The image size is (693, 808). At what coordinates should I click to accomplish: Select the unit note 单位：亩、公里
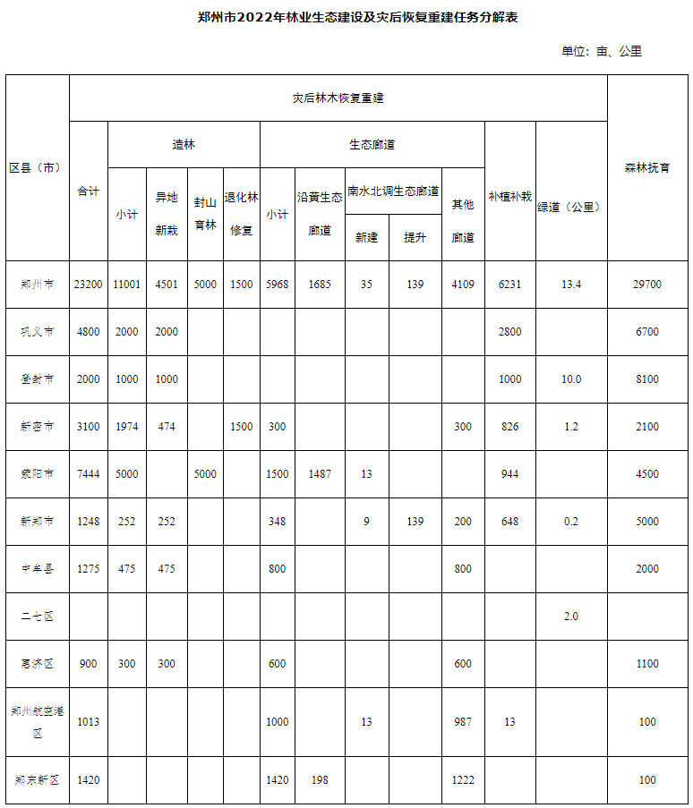click(602, 51)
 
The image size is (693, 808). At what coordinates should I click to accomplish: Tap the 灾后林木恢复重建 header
click(338, 98)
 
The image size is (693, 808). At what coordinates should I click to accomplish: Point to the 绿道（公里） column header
click(569, 207)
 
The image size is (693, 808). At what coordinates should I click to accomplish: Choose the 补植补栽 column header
click(509, 196)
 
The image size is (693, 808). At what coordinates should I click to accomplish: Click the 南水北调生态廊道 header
click(393, 191)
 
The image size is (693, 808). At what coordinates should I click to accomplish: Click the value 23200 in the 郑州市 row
click(88, 285)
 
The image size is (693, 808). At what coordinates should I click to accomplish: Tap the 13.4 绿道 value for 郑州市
click(571, 285)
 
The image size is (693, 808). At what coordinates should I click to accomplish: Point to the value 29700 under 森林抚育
click(647, 285)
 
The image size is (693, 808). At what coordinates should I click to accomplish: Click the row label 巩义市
click(37, 332)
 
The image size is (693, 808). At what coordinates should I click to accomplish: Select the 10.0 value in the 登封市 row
click(571, 379)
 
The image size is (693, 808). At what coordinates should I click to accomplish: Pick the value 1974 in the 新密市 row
click(126, 427)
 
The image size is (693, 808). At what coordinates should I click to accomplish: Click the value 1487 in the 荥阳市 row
click(320, 474)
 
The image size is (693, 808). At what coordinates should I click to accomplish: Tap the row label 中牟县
click(37, 568)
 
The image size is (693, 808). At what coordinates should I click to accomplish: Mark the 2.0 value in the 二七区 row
click(571, 616)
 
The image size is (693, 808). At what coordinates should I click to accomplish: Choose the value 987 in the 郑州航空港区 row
click(463, 722)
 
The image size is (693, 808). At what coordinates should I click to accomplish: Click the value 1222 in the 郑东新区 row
click(463, 780)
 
